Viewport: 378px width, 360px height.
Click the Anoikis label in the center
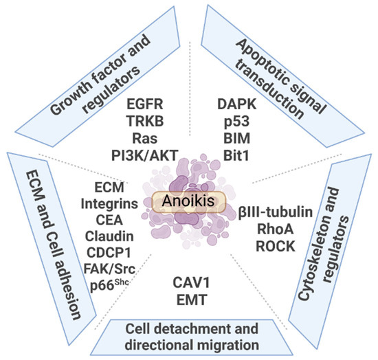pyautogui.click(x=190, y=201)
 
